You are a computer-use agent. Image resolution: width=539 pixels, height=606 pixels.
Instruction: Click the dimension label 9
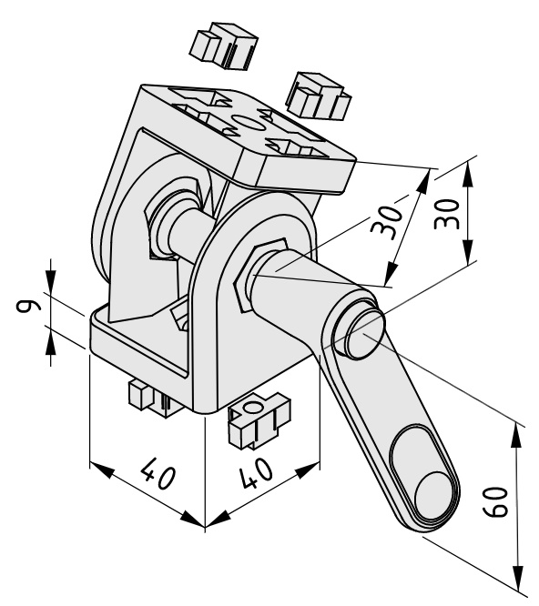pos(28,306)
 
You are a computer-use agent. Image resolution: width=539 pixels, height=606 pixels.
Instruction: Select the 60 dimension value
pos(496,502)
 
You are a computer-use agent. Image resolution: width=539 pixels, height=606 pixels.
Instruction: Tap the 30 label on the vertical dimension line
pos(447,214)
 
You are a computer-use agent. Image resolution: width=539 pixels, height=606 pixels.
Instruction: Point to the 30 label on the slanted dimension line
pos(387,224)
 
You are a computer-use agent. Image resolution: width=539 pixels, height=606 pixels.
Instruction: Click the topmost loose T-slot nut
pos(224,46)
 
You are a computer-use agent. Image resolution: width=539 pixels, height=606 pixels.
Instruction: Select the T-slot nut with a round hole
pos(259,420)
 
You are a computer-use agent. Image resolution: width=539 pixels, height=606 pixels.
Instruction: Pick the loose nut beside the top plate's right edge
pos(319,96)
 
